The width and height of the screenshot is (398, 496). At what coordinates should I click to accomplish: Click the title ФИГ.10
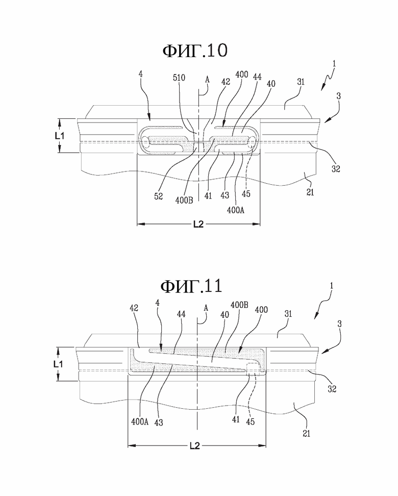tap(195, 51)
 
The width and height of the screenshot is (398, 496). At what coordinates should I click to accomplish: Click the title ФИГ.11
tap(191, 286)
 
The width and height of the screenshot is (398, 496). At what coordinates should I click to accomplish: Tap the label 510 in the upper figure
tap(179, 78)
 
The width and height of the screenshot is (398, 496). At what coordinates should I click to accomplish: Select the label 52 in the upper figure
tap(159, 196)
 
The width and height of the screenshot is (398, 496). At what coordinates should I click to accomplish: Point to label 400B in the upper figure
tap(184, 200)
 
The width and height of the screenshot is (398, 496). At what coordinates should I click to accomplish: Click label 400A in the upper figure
tap(236, 210)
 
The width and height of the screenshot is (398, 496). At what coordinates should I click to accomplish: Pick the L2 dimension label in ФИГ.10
tap(198, 225)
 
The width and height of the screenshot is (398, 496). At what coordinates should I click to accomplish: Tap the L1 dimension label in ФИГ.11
tap(58, 364)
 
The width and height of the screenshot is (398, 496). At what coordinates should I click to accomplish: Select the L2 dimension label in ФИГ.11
tap(195, 445)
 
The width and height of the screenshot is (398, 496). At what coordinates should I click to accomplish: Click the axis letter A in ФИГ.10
tap(207, 80)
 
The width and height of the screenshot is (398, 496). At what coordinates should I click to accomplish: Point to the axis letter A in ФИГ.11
tap(206, 308)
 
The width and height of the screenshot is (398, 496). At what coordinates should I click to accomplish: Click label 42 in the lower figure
tap(134, 308)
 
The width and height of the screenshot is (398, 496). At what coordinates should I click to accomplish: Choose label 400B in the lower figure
tap(239, 305)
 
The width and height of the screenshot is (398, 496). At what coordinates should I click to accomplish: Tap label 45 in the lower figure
tap(250, 421)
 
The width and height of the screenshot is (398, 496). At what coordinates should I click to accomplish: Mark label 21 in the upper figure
tap(310, 192)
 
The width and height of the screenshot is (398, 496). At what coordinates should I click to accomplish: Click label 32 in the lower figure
tap(332, 389)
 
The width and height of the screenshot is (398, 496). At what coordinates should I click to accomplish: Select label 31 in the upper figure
tap(301, 82)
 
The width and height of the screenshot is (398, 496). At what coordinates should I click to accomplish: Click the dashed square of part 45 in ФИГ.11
tap(253, 369)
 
